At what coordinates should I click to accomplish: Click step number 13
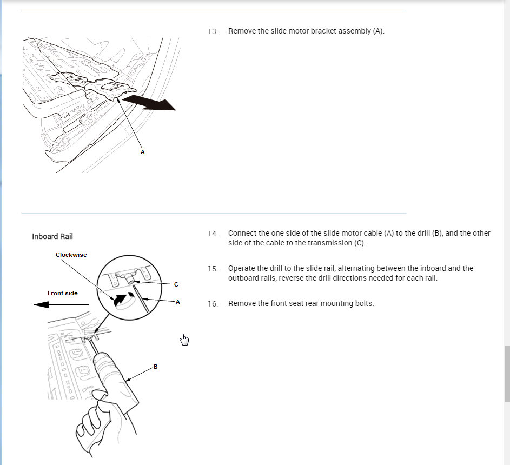[213, 31]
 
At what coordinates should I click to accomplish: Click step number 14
[213, 234]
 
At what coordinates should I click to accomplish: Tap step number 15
[213, 269]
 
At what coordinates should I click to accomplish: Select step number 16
[213, 304]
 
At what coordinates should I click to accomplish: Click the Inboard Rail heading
[52, 236]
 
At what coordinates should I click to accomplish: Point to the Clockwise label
[71, 255]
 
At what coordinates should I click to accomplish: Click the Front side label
[62, 293]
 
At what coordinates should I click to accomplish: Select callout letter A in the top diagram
[143, 152]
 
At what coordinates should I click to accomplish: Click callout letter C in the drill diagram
[176, 284]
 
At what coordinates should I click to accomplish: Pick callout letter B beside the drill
[155, 367]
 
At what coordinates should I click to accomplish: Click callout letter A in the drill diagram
[178, 302]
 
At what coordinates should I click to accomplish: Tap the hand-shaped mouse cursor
[184, 339]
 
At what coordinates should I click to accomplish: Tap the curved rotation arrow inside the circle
[120, 297]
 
